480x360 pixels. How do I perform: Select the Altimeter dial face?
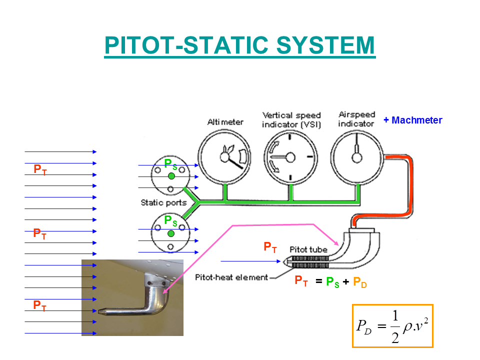coord(224,157)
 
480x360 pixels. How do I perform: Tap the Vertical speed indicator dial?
coord(290,157)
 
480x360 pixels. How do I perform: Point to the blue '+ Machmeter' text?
coord(412,120)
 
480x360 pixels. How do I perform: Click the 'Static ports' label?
coord(163,202)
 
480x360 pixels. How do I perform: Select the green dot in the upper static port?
coord(171,176)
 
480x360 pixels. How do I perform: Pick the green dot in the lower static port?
coord(171,233)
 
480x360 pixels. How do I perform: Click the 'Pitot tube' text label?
coord(308,249)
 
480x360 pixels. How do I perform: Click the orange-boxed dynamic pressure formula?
coord(392,325)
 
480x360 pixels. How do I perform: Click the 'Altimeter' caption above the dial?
coord(225,122)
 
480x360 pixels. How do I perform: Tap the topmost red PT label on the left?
coord(40,169)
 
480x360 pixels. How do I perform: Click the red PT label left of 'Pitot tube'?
coord(270,246)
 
